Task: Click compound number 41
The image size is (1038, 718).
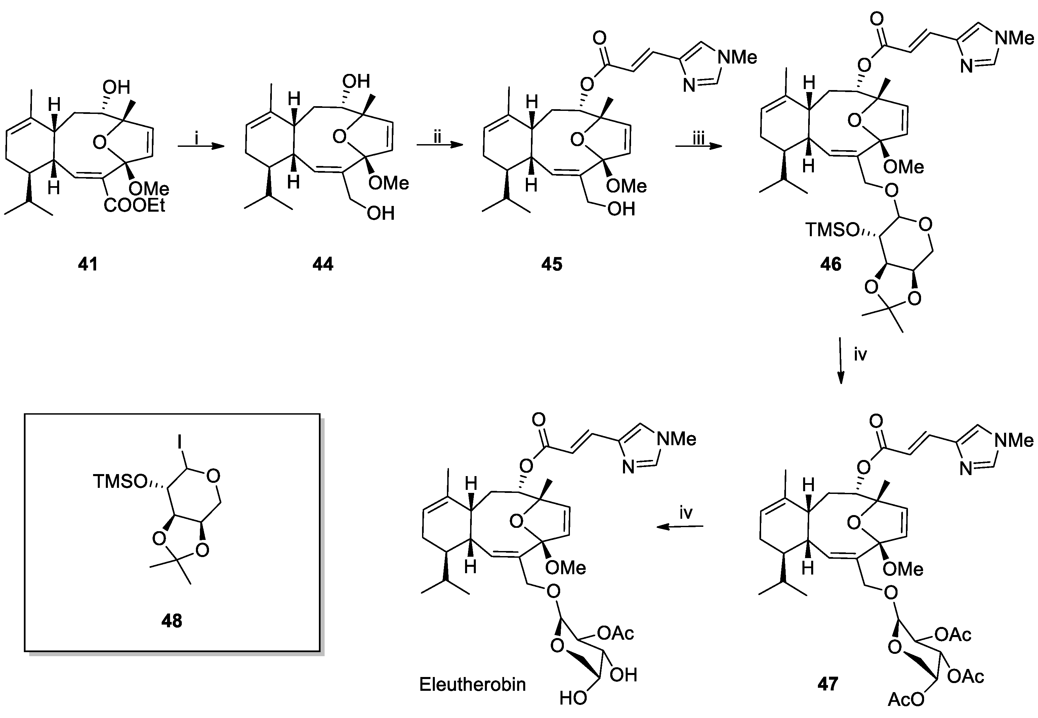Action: pos(88,264)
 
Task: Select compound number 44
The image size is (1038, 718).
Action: pos(323,264)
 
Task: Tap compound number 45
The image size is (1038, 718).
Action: pos(552,264)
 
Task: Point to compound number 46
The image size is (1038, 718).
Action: pos(830,264)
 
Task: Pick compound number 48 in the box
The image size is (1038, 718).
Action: pos(171,621)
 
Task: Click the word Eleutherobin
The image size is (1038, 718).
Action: pos(472,684)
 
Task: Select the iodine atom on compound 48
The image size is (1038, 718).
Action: pos(179,443)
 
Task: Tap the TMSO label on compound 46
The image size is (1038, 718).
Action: pos(831,230)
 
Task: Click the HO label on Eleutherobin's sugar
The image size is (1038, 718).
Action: pos(573,698)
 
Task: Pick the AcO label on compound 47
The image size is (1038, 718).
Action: pos(906,700)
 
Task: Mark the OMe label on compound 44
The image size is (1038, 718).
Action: pos(388,183)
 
